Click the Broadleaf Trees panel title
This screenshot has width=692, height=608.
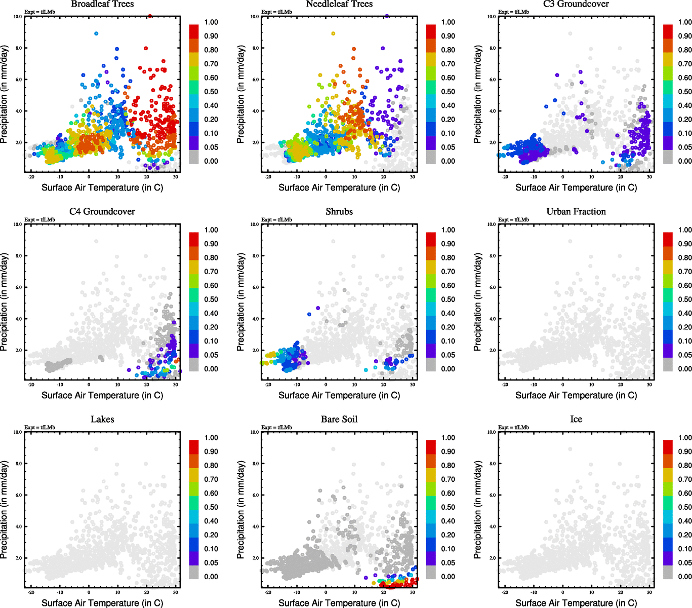pos(102,4)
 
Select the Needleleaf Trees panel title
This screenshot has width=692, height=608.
pos(339,4)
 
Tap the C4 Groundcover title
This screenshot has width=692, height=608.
pos(102,211)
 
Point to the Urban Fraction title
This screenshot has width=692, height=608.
pos(576,211)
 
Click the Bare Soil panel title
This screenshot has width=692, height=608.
pos(339,419)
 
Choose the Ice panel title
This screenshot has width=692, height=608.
pos(576,419)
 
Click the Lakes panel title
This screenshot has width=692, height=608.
pos(102,419)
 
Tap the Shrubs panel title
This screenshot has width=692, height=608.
pos(339,211)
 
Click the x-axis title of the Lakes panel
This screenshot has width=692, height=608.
pos(102,602)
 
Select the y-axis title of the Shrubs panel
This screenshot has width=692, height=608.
pos(241,302)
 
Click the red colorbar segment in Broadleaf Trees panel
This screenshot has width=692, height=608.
pos(194,30)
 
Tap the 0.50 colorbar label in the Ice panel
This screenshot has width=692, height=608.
pos(685,507)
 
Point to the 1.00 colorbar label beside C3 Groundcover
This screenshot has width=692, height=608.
pos(685,22)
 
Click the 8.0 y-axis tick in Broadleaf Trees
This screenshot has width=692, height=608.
pos(18,48)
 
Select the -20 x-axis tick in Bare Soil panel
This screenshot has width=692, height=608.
pos(268,592)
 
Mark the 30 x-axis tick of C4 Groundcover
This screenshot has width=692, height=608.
pos(176,385)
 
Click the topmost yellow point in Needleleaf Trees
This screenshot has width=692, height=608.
pos(333,33)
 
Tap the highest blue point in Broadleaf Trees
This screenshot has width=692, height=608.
pos(96,33)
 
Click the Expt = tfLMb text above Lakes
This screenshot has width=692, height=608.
pos(39,427)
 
